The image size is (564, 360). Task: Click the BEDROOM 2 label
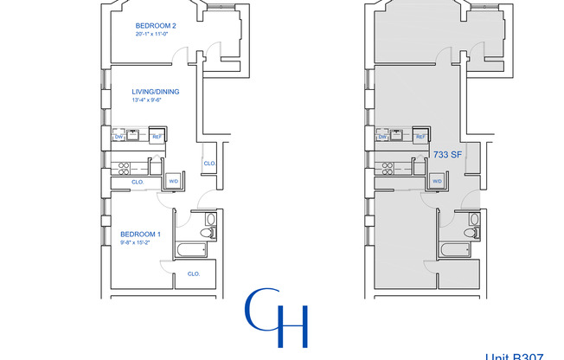[x=156, y=26]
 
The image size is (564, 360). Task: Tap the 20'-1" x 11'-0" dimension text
[x=156, y=35]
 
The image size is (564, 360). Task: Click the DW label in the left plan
[x=119, y=136]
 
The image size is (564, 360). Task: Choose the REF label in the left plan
[x=157, y=136]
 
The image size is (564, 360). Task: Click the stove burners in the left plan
[x=123, y=167]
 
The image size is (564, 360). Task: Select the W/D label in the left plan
[x=173, y=181]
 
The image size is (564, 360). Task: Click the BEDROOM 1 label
[x=140, y=235]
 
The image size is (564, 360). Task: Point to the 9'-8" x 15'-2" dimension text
[x=139, y=244]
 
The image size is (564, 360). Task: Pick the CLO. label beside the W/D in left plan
[x=138, y=183]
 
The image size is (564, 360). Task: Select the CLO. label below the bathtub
[x=194, y=273]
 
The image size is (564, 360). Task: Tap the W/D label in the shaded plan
[x=437, y=181]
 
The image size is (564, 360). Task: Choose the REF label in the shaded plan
[x=421, y=136]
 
